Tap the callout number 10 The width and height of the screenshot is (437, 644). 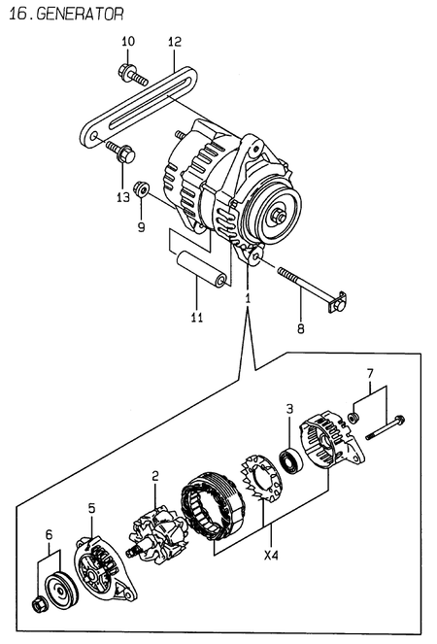click(x=128, y=42)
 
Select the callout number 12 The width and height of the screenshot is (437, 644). click(x=175, y=42)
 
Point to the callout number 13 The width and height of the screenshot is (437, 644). click(x=122, y=198)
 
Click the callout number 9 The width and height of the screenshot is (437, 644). click(x=141, y=227)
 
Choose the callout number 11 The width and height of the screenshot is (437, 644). click(x=198, y=318)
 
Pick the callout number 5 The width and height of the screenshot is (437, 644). click(x=91, y=507)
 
